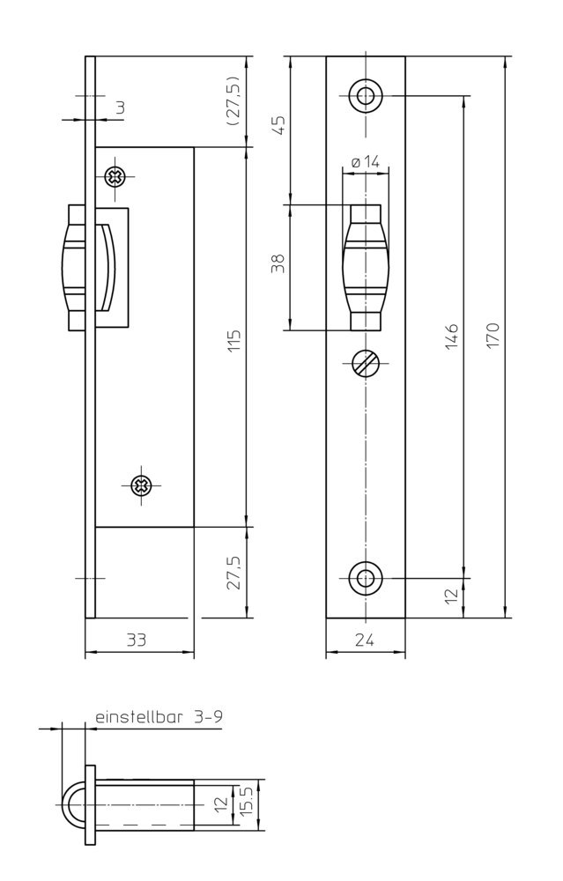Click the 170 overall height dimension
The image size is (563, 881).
click(x=493, y=336)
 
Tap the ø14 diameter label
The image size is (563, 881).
click(x=365, y=162)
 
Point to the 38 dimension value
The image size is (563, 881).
click(x=279, y=264)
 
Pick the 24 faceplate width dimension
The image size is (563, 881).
click(x=365, y=641)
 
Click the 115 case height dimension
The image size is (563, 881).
click(x=234, y=340)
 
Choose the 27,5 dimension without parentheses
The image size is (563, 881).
click(x=234, y=573)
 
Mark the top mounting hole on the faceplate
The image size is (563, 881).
click(x=365, y=96)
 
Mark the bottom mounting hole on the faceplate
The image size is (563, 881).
click(x=365, y=578)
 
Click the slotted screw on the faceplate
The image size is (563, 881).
click(x=365, y=364)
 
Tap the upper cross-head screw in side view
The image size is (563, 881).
click(x=115, y=176)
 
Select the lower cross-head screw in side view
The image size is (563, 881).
click(x=139, y=485)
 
